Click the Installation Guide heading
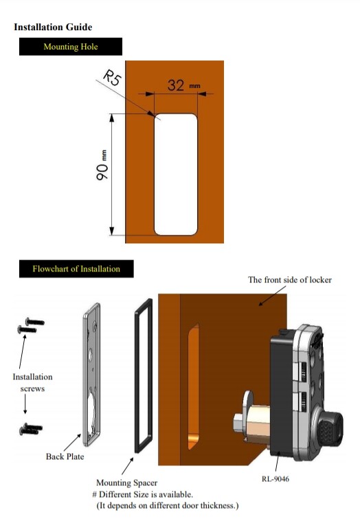(x=53, y=27)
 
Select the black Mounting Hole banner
(x=71, y=47)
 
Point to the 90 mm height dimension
(x=102, y=168)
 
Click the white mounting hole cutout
(x=177, y=173)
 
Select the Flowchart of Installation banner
(x=76, y=269)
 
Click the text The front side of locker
(x=290, y=280)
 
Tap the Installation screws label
(x=32, y=382)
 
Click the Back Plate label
(x=65, y=456)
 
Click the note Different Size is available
(x=145, y=495)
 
